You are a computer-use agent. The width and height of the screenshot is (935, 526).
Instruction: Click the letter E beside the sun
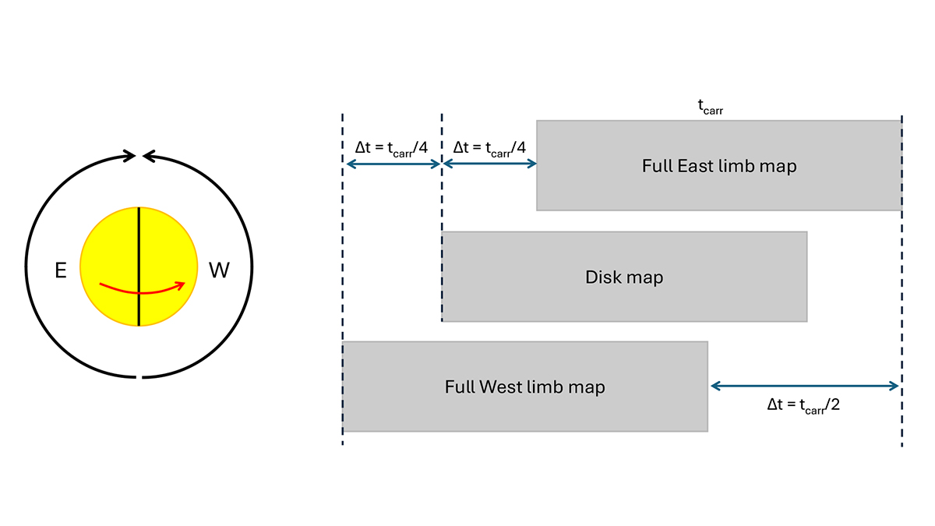tap(61, 270)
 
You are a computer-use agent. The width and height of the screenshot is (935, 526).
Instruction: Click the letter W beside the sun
tap(219, 270)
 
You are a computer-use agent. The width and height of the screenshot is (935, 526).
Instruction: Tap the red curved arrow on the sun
tap(140, 291)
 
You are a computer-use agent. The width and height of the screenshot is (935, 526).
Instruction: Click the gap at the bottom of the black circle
tap(139, 377)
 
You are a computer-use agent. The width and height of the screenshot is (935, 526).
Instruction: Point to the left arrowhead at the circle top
tap(129, 157)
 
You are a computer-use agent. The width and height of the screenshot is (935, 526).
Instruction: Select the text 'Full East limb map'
tap(719, 166)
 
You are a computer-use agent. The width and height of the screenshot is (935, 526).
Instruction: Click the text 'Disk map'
tap(624, 277)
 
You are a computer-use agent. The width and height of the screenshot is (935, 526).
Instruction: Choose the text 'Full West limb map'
tap(524, 387)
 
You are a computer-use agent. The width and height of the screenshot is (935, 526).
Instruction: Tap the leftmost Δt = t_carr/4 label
tap(392, 147)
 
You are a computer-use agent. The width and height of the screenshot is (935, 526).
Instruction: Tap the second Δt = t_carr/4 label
tap(489, 147)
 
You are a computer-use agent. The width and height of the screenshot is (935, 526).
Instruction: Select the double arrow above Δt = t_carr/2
tap(805, 385)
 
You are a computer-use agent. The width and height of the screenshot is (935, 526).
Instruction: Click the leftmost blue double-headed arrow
tap(393, 164)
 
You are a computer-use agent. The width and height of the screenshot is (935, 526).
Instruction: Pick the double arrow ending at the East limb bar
tap(489, 164)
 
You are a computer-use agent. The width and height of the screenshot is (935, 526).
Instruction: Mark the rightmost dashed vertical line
tap(901, 281)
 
